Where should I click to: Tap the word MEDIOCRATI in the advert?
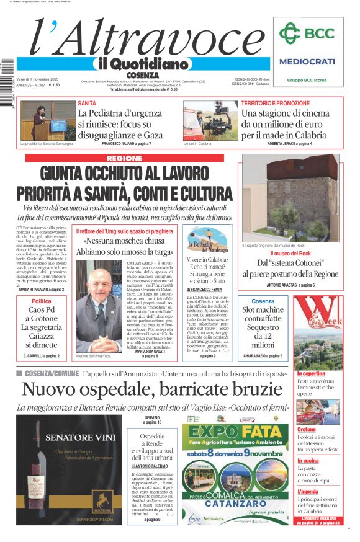click(x=307, y=61)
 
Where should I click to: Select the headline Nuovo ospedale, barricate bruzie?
click(x=152, y=389)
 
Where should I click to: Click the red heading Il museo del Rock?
click(x=290, y=254)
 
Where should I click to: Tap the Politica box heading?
click(x=42, y=301)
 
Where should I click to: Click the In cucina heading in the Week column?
click(x=308, y=461)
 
